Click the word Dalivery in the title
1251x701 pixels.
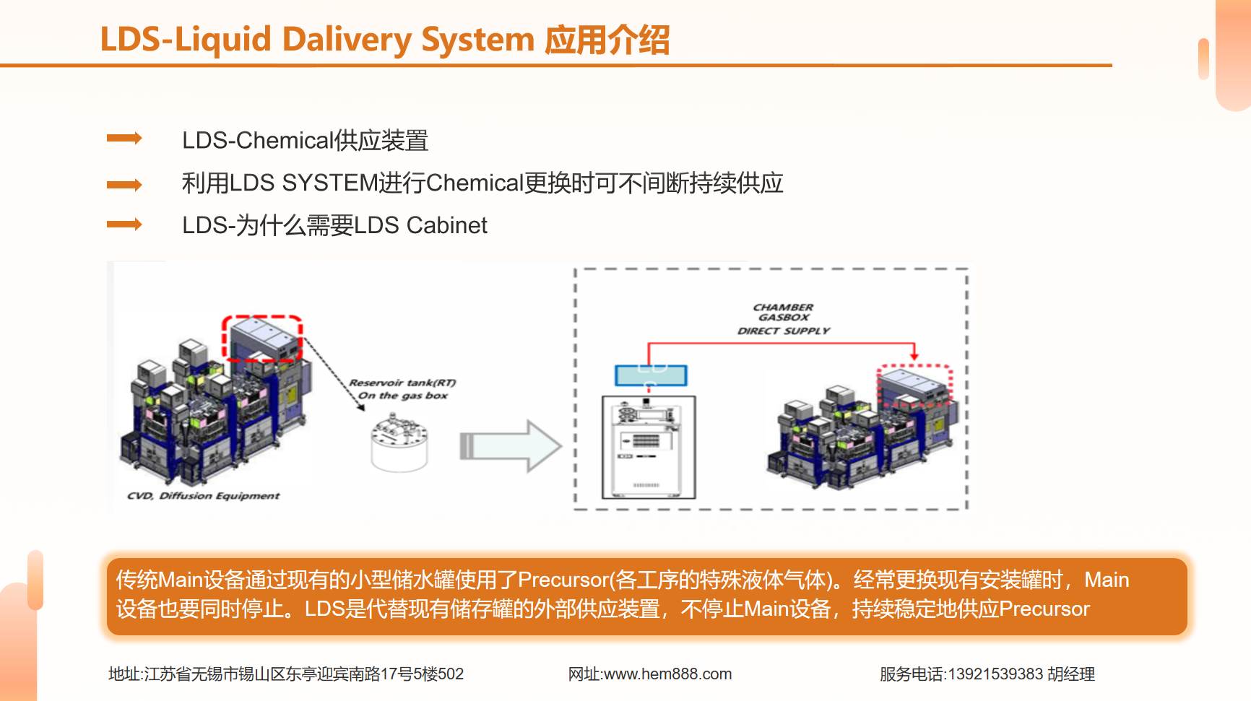[346, 40]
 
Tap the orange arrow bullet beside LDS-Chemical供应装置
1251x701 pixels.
[124, 138]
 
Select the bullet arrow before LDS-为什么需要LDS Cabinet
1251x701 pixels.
[124, 225]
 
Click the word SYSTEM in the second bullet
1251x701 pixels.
[330, 183]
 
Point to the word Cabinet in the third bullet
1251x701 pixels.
[446, 226]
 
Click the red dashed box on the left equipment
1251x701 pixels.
[261, 338]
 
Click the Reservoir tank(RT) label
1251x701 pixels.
[402, 383]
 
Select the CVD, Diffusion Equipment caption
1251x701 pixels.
[203, 496]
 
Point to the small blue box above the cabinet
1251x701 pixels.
[651, 375]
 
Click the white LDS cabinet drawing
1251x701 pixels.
[649, 448]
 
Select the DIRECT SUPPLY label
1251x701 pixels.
[784, 331]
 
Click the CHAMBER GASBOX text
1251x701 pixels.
[784, 312]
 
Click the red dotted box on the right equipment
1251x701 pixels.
[914, 386]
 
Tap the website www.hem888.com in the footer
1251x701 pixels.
[667, 674]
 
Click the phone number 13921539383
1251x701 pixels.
[995, 674]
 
